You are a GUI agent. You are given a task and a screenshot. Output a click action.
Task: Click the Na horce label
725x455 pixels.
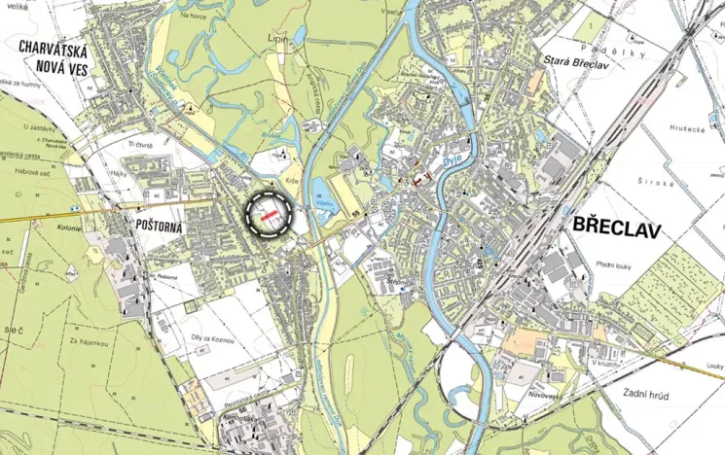(194, 15)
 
